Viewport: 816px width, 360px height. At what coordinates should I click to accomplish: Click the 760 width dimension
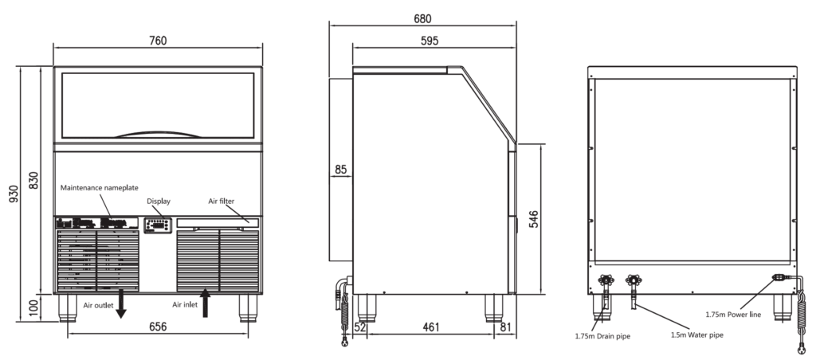(158, 41)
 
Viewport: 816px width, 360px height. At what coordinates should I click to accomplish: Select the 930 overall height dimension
(14, 194)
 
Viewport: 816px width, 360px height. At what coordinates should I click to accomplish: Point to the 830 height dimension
(33, 180)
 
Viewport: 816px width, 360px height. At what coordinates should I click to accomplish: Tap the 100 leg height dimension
(33, 307)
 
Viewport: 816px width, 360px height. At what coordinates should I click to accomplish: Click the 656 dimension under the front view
(158, 327)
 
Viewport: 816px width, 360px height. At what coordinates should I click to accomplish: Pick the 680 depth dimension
(422, 19)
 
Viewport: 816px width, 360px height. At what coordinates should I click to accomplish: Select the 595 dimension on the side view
(430, 41)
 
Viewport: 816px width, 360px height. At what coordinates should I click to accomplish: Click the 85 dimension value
(341, 170)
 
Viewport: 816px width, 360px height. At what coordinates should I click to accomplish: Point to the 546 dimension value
(533, 219)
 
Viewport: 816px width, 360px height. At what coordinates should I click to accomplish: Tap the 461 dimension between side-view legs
(431, 327)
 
